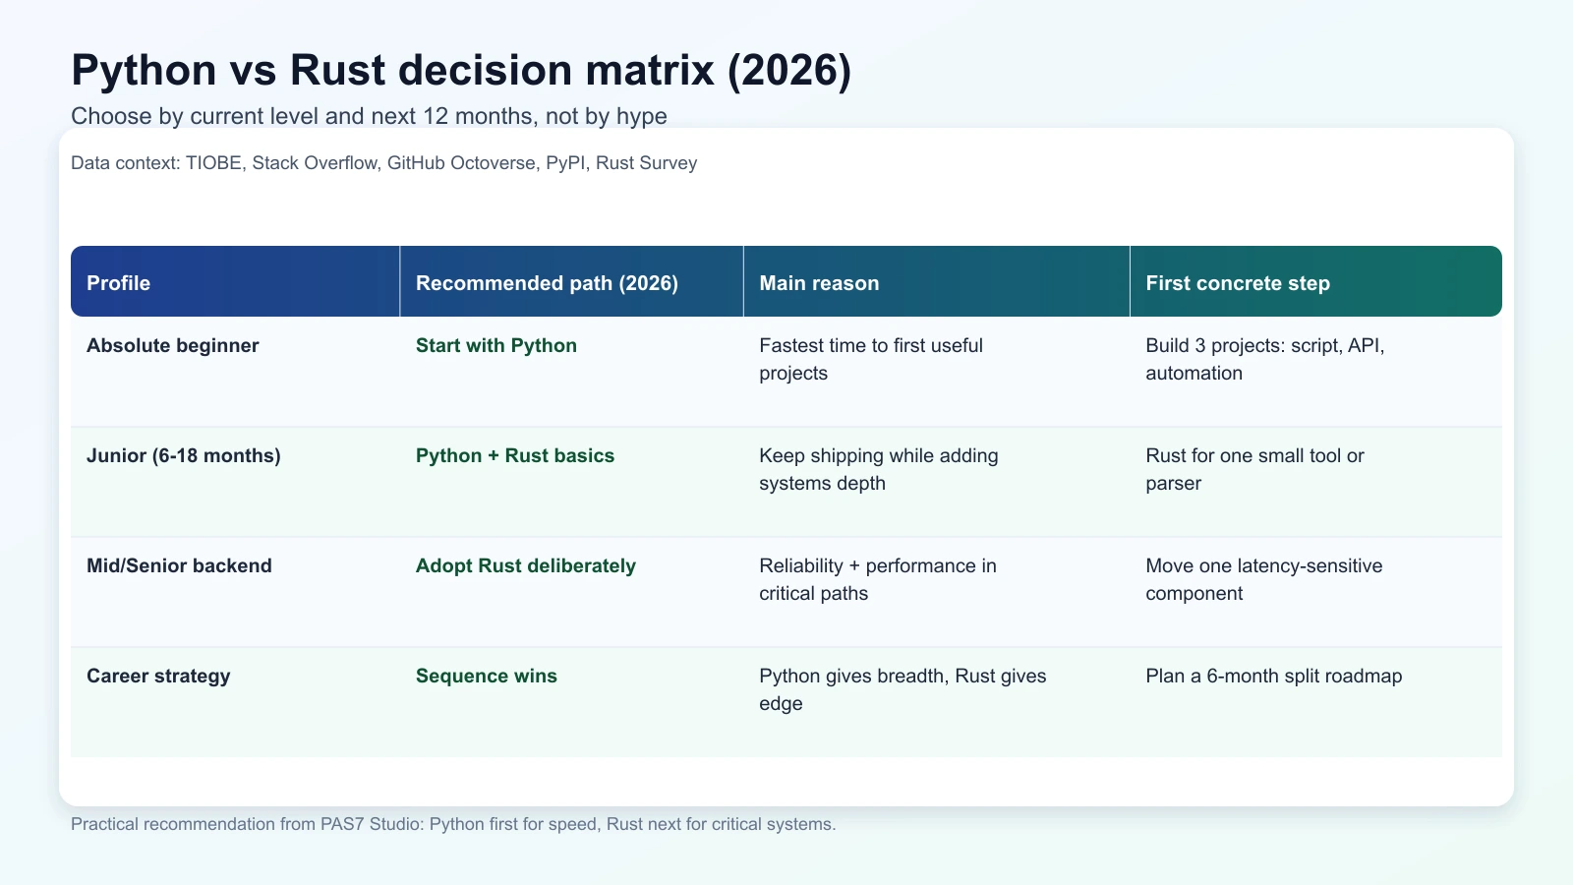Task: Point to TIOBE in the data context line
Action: tap(213, 163)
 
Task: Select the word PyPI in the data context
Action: tap(565, 163)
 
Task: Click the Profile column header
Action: tap(118, 283)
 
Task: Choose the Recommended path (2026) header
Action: tap(547, 283)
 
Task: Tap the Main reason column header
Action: tap(819, 283)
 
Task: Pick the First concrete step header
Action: tap(1237, 283)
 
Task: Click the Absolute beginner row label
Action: tap(172, 345)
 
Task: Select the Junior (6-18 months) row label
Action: tap(183, 455)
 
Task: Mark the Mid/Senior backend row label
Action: tap(179, 565)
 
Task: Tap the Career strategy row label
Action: tap(158, 676)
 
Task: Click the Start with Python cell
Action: tap(495, 345)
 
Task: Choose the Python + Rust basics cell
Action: tap(514, 455)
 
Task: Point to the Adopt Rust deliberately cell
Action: tap(525, 565)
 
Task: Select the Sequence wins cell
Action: tap(486, 676)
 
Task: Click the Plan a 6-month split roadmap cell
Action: tap(1273, 676)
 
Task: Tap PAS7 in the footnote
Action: tap(342, 824)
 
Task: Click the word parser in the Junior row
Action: tap(1173, 483)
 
